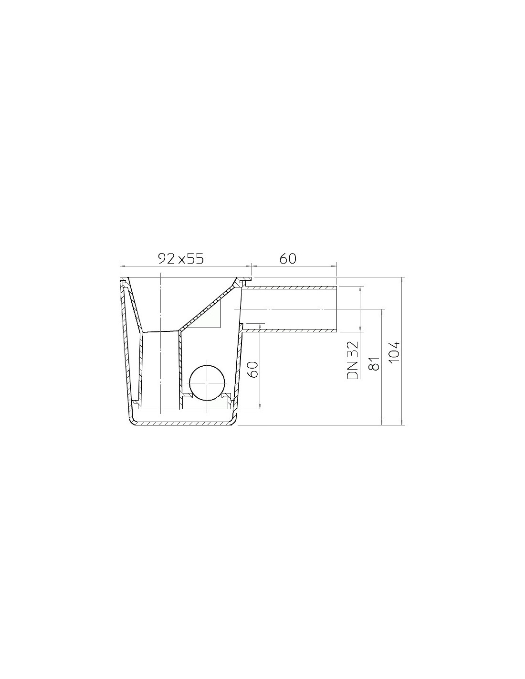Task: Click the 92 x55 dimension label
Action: point(181,259)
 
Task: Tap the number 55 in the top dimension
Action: point(196,259)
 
